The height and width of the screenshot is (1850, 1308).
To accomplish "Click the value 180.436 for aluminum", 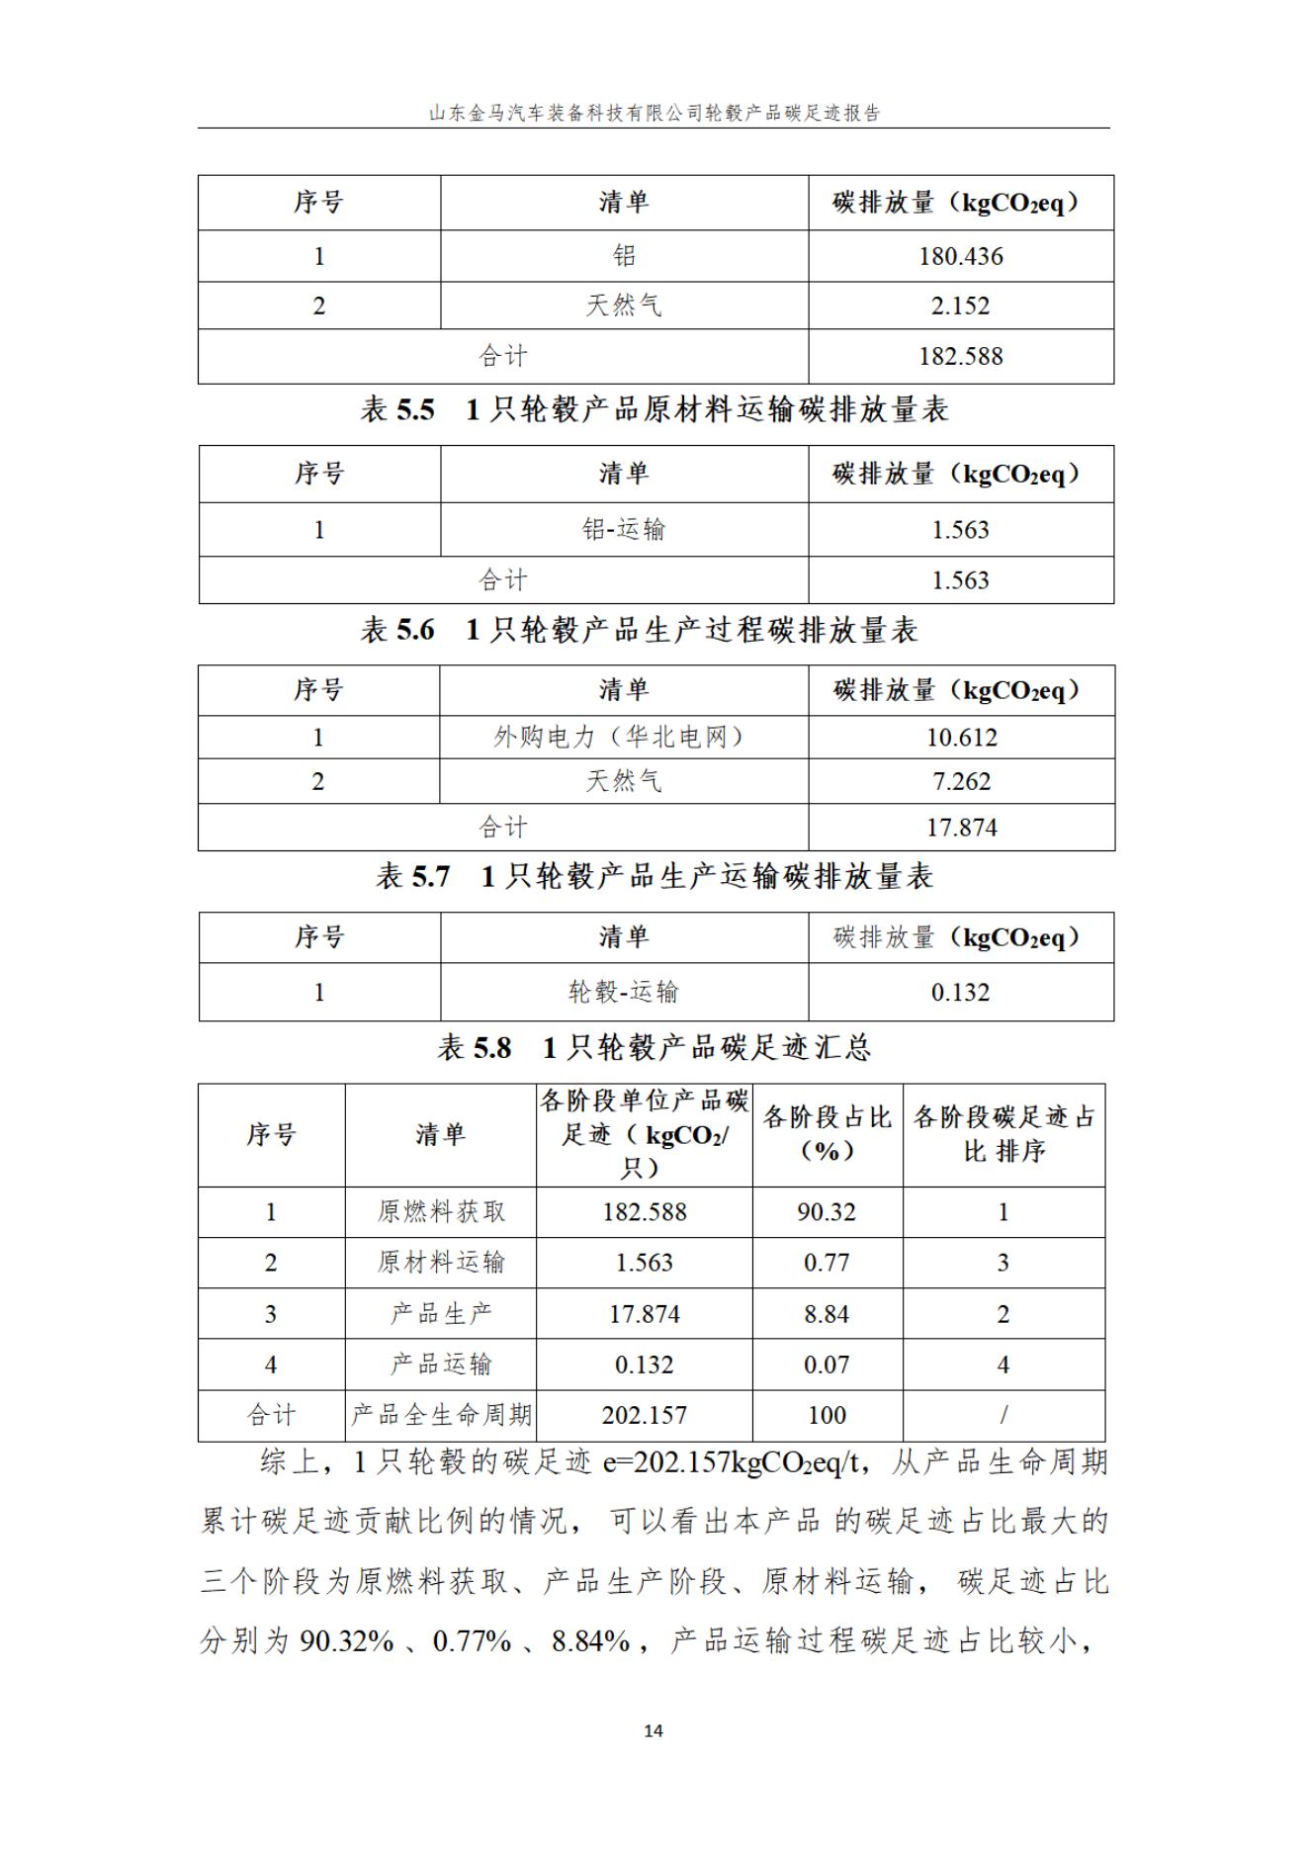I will [960, 256].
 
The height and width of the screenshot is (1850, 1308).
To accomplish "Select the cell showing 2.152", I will [960, 306].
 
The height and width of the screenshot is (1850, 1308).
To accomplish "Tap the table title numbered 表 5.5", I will [654, 409].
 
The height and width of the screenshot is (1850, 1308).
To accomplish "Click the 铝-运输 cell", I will [624, 530].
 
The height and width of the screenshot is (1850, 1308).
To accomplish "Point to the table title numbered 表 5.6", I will [639, 630].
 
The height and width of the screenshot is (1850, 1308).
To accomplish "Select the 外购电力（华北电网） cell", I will [623, 738].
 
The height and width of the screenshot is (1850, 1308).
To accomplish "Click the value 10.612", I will [961, 738].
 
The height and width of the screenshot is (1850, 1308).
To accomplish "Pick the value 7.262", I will [961, 781].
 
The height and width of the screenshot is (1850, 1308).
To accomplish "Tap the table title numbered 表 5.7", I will [654, 876].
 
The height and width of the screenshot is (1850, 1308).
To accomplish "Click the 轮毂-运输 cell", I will [624, 992].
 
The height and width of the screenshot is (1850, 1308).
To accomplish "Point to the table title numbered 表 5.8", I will [654, 1047].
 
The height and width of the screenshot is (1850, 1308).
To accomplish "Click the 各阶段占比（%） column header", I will [827, 1134].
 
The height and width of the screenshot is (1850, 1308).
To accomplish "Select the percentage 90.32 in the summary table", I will [827, 1212].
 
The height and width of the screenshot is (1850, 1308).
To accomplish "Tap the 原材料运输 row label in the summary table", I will [441, 1263].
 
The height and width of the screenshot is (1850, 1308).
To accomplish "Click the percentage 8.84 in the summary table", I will [827, 1314].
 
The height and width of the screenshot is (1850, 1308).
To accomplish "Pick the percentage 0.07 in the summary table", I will [827, 1365].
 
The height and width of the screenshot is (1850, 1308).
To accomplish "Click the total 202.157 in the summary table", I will [644, 1415].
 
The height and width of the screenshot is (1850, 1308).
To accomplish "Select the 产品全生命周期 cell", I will [441, 1415].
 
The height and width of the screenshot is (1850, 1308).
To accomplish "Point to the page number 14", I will [654, 1730].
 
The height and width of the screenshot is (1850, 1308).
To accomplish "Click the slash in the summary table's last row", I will [1003, 1415].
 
